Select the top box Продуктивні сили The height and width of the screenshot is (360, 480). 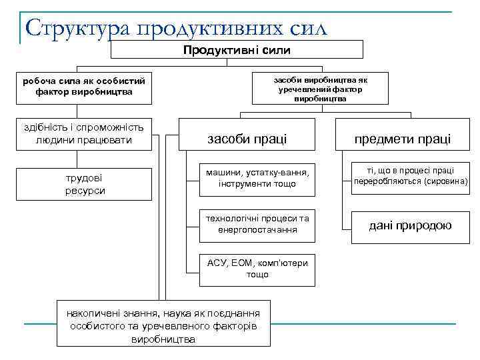click(237, 49)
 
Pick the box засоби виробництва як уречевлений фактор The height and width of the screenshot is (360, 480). click(320, 89)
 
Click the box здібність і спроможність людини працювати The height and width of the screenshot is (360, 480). click(84, 133)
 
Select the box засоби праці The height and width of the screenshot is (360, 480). click(247, 139)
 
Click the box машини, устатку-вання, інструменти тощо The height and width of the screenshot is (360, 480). click(257, 178)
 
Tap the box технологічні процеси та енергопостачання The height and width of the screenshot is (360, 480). click(257, 224)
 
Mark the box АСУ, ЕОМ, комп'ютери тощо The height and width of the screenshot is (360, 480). click(257, 269)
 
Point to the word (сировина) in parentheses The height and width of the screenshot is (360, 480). click(442, 181)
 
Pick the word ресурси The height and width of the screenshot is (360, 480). click(85, 191)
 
